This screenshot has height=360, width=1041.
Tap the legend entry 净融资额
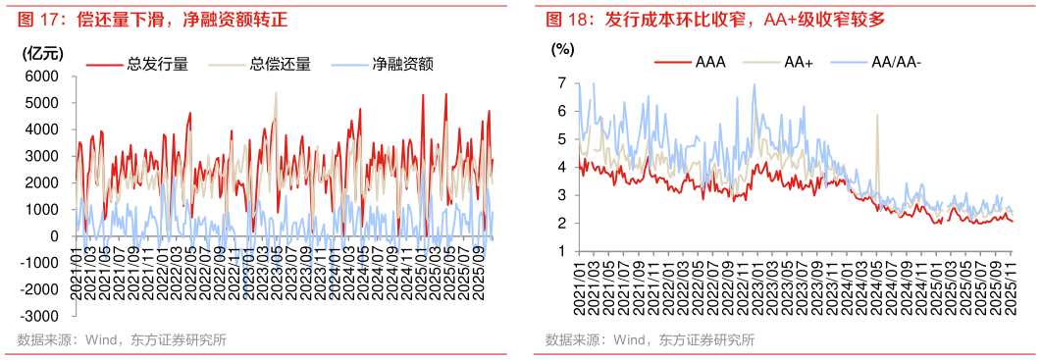pos(403,65)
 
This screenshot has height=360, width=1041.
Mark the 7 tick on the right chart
pos(562,84)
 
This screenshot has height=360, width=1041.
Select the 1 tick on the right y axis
pos(562,251)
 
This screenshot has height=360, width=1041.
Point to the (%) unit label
pos(562,48)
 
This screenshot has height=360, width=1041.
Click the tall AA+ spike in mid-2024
pos(876,118)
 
